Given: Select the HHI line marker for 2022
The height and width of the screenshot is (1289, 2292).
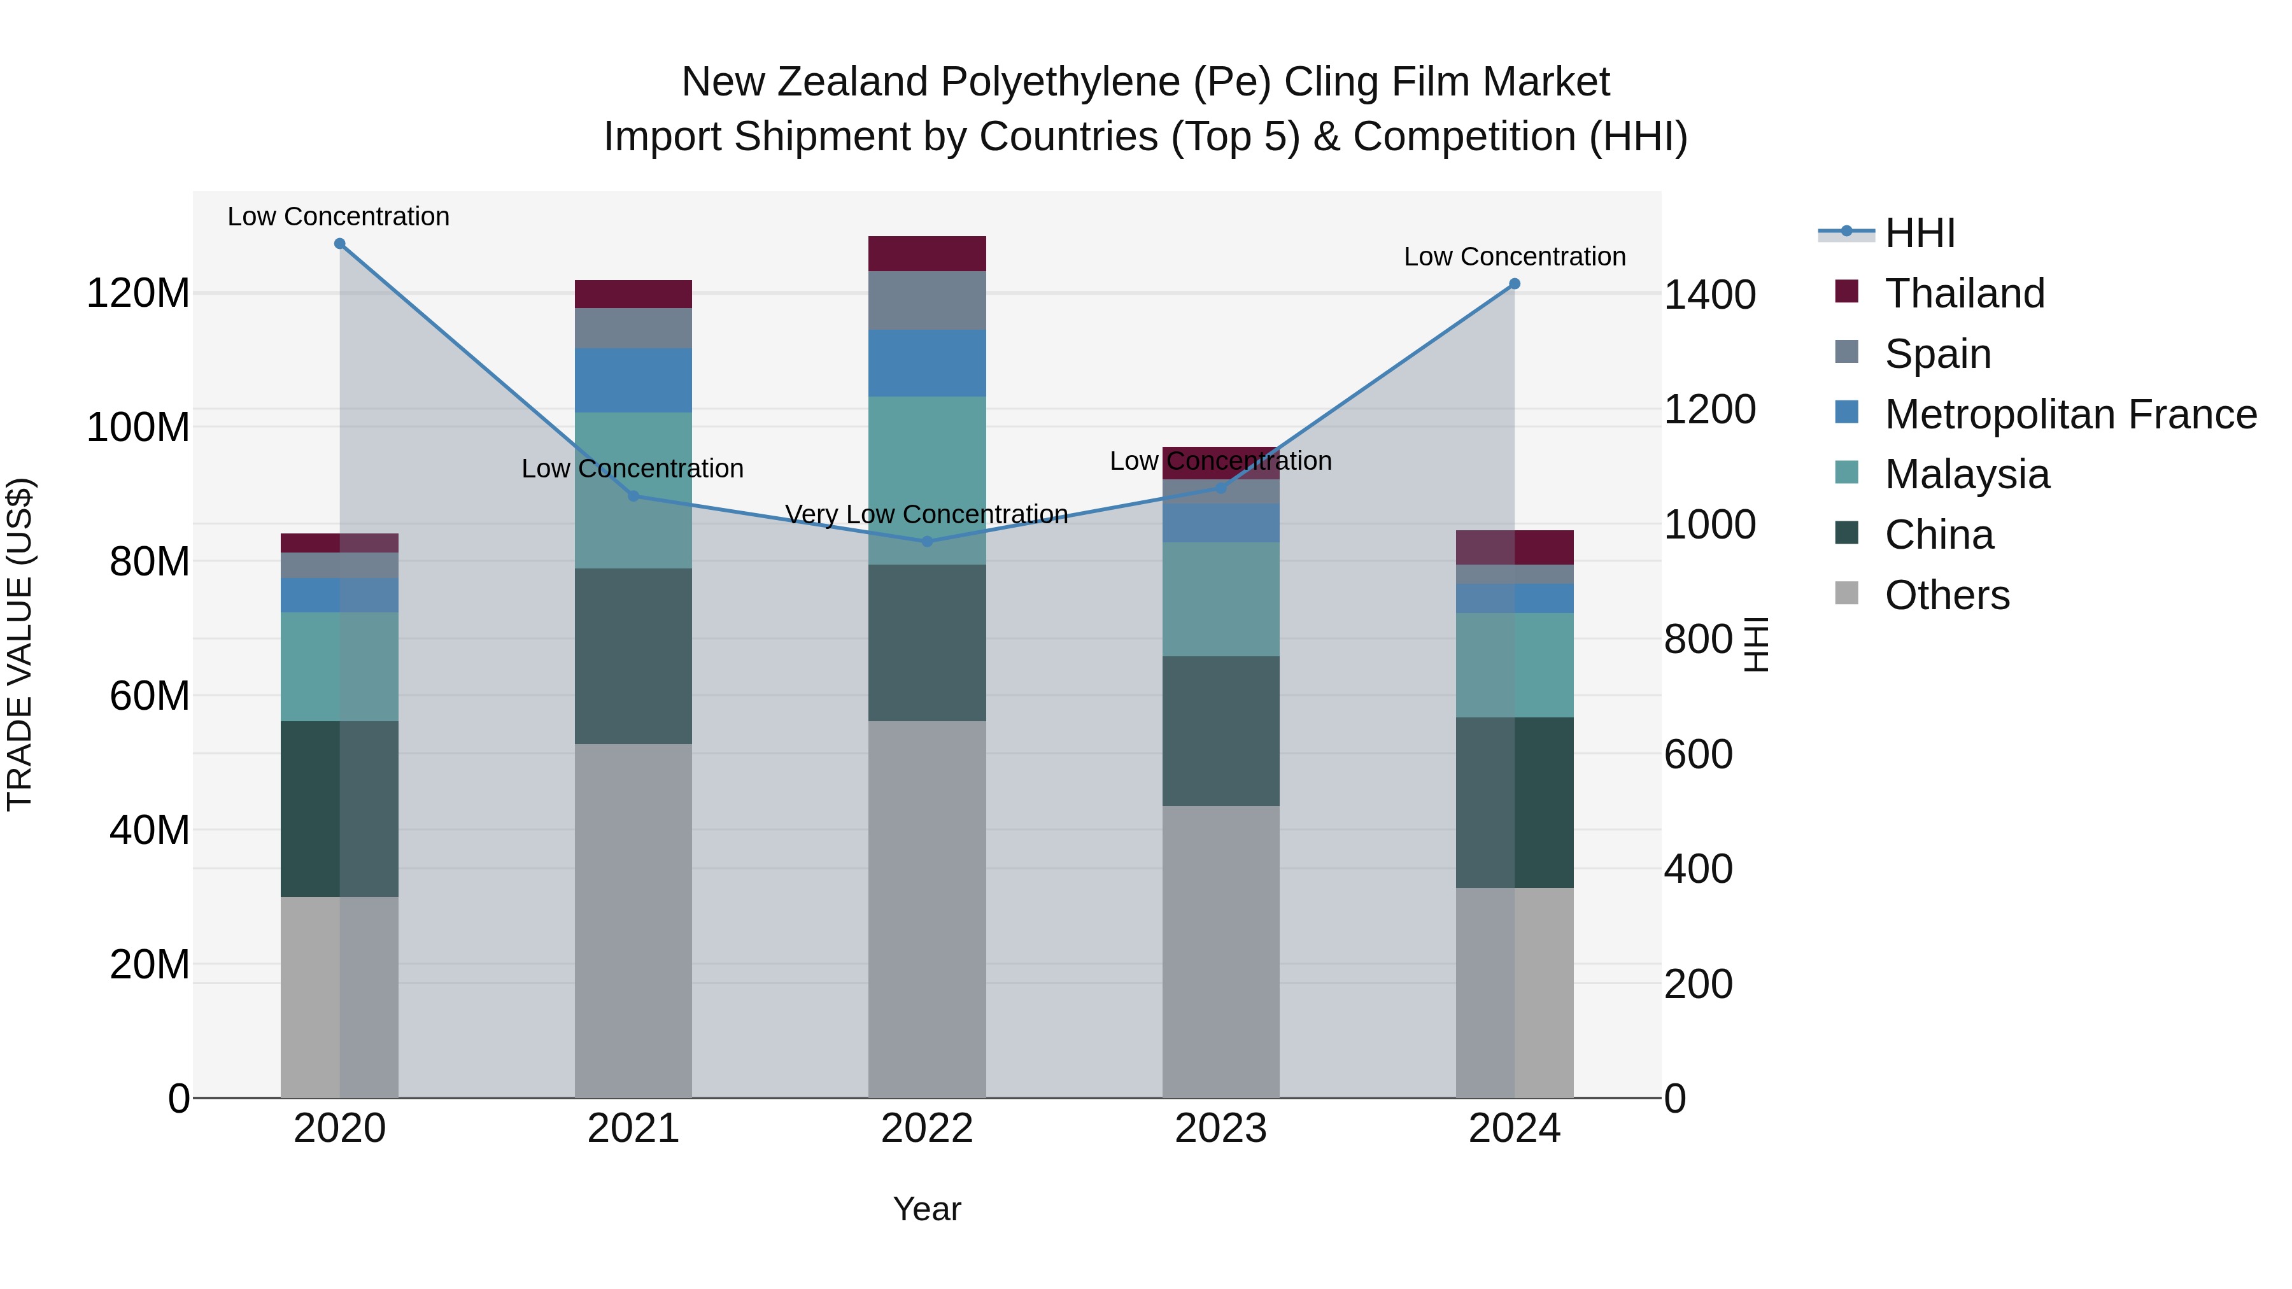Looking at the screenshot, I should [927, 541].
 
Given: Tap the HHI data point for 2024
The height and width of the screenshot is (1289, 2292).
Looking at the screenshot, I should [1515, 284].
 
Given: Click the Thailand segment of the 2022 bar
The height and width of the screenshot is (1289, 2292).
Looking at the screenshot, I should [927, 253].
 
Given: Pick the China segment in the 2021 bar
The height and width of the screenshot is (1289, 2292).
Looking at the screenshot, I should [633, 656].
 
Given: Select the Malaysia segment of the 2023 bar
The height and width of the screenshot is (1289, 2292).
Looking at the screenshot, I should [1220, 599].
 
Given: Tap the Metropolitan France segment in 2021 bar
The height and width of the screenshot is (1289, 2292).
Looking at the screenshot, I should [633, 380].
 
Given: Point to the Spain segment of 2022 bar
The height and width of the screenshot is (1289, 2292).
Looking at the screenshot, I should [927, 300].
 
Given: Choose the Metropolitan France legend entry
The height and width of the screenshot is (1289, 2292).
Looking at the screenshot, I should [2070, 414].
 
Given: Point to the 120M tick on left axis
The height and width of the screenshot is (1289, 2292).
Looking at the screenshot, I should [138, 293].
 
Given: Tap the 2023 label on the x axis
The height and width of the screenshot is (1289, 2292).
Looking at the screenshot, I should [1220, 1129].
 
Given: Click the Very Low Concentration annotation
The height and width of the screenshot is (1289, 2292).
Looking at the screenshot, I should [926, 514].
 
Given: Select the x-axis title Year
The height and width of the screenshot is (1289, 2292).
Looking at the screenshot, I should [927, 1209].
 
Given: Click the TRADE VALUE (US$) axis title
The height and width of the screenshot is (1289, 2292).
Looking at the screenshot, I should [20, 644].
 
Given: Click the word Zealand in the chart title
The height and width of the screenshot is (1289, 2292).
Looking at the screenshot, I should [855, 82].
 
